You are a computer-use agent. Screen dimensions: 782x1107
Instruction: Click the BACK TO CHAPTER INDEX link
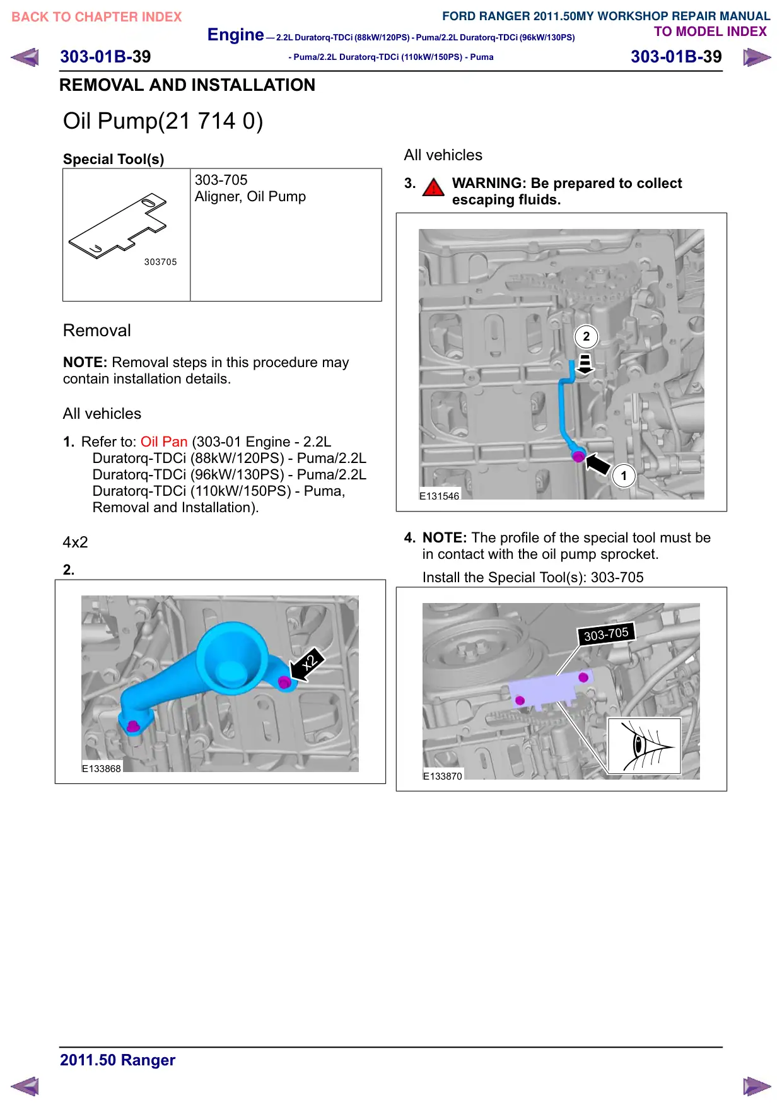(96, 17)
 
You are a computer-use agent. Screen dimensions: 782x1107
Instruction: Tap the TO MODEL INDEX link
(710, 32)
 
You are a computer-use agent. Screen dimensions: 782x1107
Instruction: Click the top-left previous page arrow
(25, 57)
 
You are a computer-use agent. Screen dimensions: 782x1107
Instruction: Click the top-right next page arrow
(757, 57)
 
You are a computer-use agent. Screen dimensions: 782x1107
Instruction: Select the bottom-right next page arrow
(757, 1086)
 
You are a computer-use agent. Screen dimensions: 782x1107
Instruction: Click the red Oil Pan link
(164, 442)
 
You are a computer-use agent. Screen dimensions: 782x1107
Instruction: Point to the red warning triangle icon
(433, 187)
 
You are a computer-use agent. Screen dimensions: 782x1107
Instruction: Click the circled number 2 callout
(586, 336)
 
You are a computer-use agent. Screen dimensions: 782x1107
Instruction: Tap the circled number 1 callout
(624, 476)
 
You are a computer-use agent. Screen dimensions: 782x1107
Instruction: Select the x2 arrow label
(306, 665)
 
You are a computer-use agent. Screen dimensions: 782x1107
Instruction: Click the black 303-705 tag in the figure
(606, 634)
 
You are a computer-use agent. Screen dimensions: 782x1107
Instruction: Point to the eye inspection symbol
(644, 746)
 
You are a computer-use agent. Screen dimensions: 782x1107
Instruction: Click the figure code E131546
(440, 496)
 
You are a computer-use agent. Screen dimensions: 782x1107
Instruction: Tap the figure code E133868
(102, 768)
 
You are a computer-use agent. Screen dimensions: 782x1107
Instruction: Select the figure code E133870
(443, 776)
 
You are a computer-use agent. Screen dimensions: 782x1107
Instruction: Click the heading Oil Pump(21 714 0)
(163, 120)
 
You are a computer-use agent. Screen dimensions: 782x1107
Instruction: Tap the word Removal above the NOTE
(97, 331)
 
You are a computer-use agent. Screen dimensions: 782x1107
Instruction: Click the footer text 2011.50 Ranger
(117, 1060)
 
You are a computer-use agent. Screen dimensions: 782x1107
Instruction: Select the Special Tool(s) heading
(114, 159)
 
